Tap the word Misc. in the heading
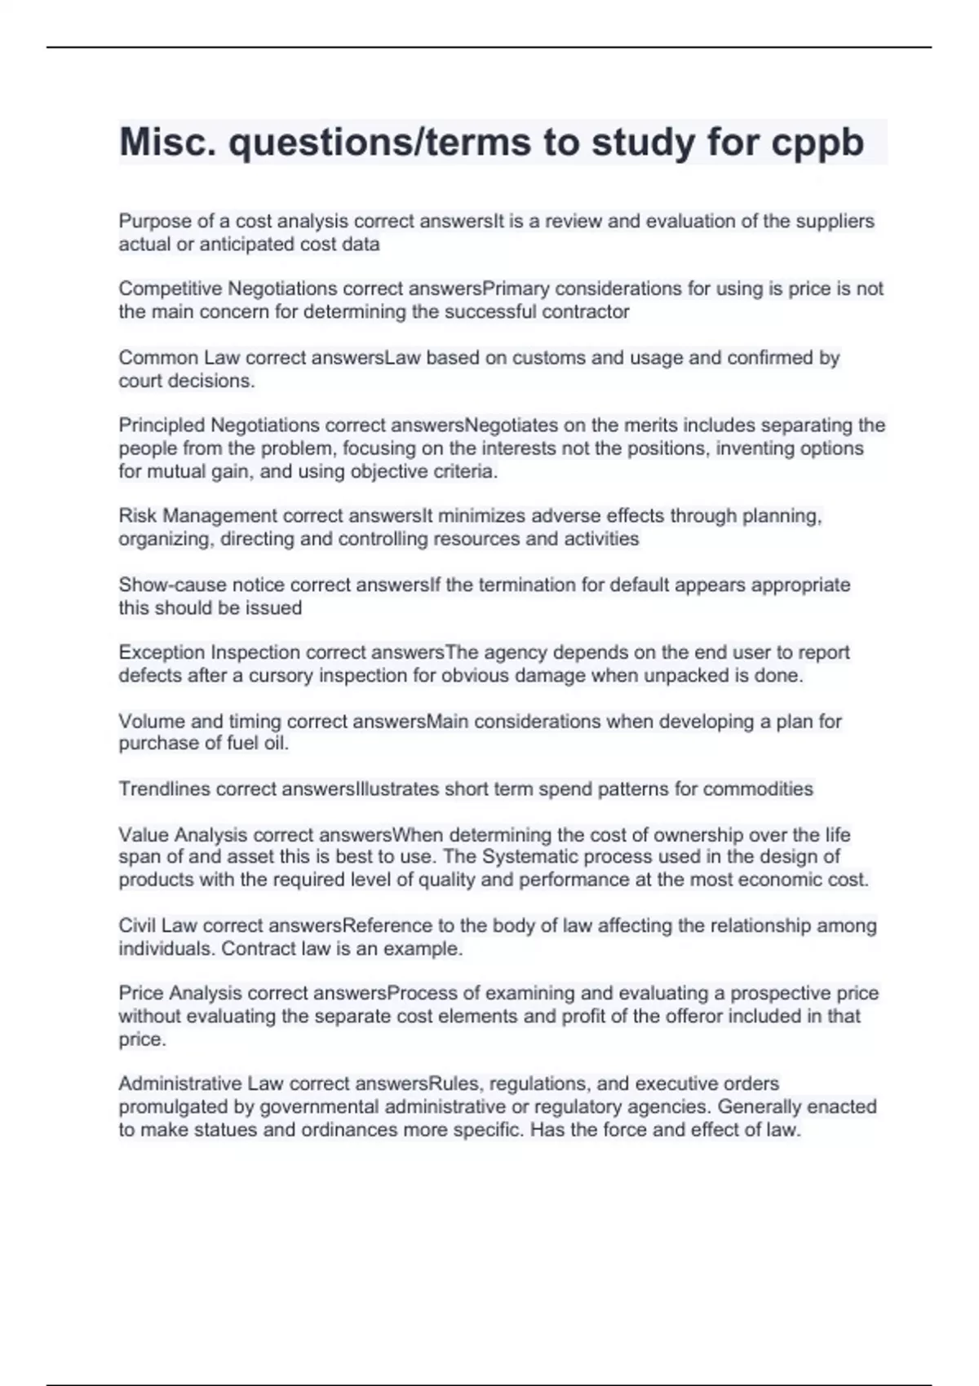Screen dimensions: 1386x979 pyautogui.click(x=167, y=143)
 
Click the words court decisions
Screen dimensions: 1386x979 pyautogui.click(x=186, y=381)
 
